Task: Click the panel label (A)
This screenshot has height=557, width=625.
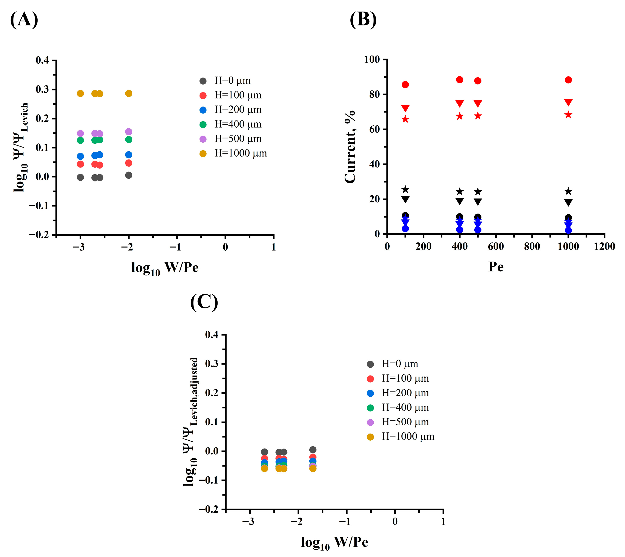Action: (x=24, y=20)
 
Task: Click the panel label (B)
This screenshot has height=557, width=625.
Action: (x=363, y=20)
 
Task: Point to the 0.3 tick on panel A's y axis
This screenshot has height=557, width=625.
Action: (x=42, y=89)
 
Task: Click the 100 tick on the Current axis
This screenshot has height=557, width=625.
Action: (x=372, y=59)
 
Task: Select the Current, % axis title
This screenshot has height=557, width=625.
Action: (x=350, y=147)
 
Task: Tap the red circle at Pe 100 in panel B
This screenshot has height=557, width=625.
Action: (x=405, y=84)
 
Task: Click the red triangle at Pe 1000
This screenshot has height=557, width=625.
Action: (x=568, y=102)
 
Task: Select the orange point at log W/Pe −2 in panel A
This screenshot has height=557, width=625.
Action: (x=129, y=93)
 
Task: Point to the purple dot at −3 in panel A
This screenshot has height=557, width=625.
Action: (x=80, y=133)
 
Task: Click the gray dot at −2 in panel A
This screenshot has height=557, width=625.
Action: (x=129, y=175)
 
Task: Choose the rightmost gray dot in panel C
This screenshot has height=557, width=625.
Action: (x=313, y=450)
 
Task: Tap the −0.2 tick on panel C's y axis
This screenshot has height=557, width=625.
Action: (x=208, y=509)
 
